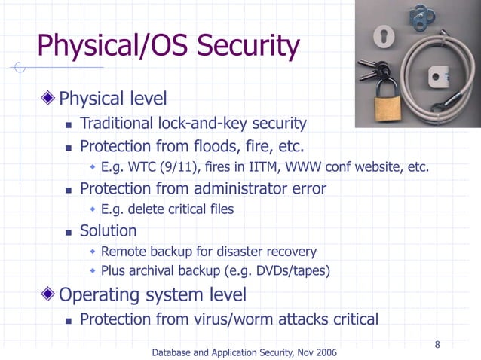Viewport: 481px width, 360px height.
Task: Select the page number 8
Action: click(x=437, y=345)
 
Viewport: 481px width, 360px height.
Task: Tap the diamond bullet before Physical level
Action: click(x=49, y=99)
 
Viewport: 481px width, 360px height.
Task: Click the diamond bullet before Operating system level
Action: click(x=49, y=294)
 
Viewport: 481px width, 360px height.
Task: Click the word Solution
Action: click(x=109, y=230)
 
